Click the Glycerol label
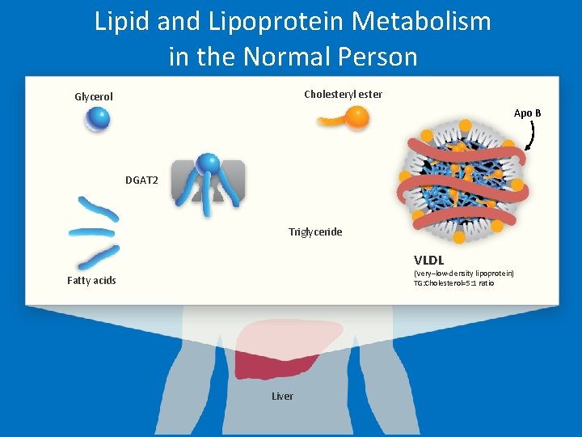pyautogui.click(x=94, y=97)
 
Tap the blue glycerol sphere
pyautogui.click(x=98, y=120)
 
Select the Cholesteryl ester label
pyautogui.click(x=343, y=95)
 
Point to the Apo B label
pyautogui.click(x=527, y=113)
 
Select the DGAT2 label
pyautogui.click(x=141, y=180)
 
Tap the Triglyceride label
pyautogui.click(x=315, y=232)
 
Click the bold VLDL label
pyautogui.click(x=428, y=261)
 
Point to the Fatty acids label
pyautogui.click(x=91, y=281)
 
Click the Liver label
pyautogui.click(x=282, y=396)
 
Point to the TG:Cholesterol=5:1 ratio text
pyautogui.click(x=453, y=283)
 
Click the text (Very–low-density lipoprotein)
pyautogui.click(x=463, y=274)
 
